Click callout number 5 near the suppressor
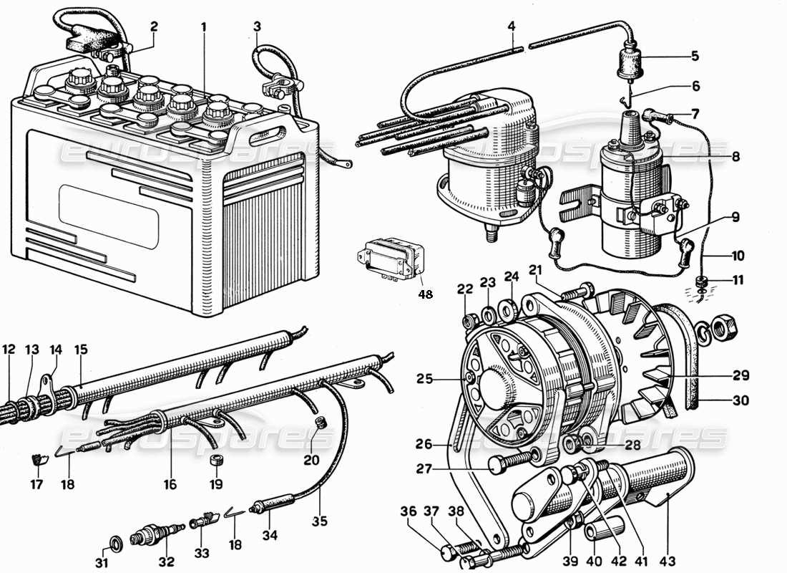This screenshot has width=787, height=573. coord(695,56)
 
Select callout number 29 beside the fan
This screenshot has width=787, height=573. coord(740,375)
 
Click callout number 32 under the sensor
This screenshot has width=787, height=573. coord(167,562)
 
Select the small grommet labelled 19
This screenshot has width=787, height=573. coord(215,461)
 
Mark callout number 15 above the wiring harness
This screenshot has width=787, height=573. coord(81,350)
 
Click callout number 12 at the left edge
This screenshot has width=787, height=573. coord(8,350)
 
